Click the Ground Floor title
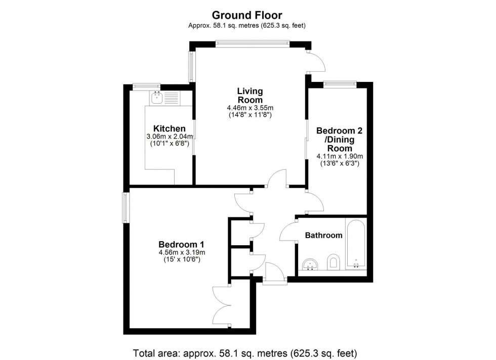point(247,15)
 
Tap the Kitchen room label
point(169,128)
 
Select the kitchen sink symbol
point(156,98)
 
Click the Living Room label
point(250,95)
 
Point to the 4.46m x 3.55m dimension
point(250,108)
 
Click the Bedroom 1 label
point(182,244)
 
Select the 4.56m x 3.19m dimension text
point(182,252)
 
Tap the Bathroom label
point(323,235)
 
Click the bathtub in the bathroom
point(356,244)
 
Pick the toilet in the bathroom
point(333,262)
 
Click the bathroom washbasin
point(310,264)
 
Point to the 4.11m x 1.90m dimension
point(340,156)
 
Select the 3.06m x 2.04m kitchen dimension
point(170,137)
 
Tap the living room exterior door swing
point(317,62)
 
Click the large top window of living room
point(252,42)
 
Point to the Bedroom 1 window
point(126,208)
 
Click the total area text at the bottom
point(245,353)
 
